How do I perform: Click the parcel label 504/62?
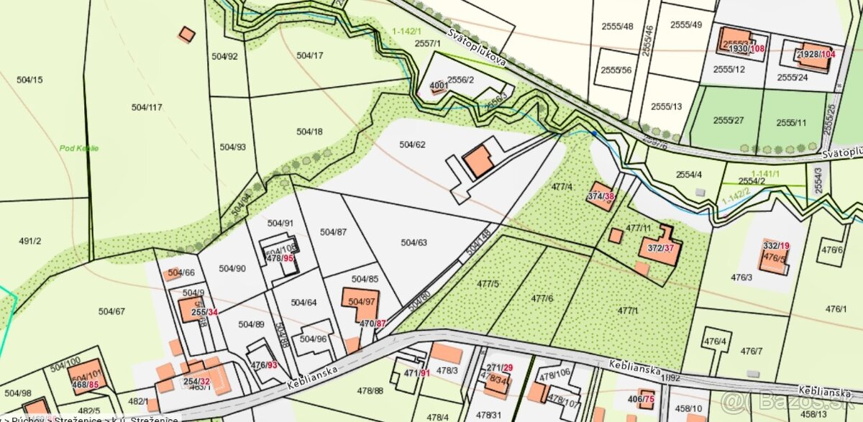point(412,145)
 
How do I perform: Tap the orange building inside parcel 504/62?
point(478,162)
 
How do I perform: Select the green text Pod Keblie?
point(80,149)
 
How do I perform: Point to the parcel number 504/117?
point(147,107)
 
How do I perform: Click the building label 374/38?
point(601,196)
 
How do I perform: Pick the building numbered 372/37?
point(659,248)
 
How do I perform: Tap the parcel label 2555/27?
point(728,120)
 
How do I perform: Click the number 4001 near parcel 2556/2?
point(439,86)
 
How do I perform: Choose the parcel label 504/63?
point(413,242)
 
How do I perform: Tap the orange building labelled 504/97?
point(361,302)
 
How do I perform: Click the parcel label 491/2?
point(29,242)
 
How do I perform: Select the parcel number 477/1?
point(627,310)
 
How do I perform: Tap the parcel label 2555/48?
point(617,27)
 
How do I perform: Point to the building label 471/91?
point(416,373)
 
